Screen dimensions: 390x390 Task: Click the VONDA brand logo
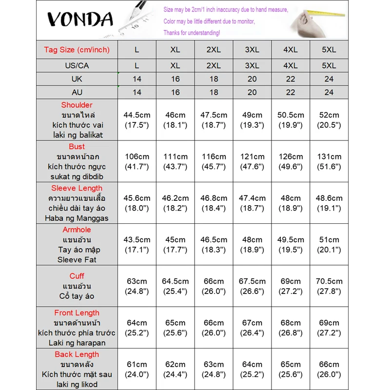pos(80,19)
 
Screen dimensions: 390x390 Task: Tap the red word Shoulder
pos(77,105)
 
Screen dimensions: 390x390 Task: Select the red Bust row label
pos(77,146)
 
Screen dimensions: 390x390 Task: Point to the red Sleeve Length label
pos(77,188)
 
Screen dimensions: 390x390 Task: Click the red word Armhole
pos(77,230)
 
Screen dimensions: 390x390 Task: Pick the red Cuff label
pos(77,276)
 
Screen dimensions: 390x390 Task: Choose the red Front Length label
pos(77,313)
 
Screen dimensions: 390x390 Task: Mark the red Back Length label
pos(77,354)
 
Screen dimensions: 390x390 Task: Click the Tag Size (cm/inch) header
pos(77,50)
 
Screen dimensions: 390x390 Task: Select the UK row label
pos(77,79)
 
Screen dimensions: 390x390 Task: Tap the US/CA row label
pos(77,65)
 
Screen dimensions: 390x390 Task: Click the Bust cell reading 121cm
pos(252,161)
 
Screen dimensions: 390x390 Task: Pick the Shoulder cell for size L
pos(137,120)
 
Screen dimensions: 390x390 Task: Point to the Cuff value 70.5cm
pos(329,286)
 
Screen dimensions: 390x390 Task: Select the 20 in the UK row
pos(252,79)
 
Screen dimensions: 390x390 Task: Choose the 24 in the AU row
pos(329,92)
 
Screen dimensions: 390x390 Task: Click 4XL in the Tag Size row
pos(291,50)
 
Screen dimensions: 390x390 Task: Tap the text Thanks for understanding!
pos(192,33)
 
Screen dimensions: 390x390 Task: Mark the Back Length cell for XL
pos(175,369)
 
